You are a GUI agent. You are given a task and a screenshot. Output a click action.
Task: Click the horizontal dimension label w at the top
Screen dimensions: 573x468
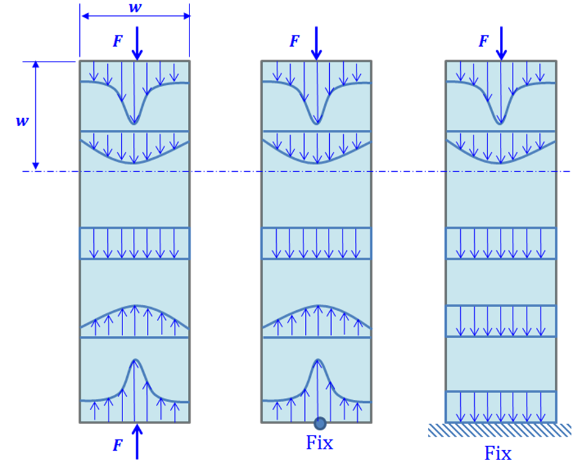click(x=135, y=7)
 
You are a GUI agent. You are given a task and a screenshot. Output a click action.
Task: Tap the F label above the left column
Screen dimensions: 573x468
click(x=117, y=41)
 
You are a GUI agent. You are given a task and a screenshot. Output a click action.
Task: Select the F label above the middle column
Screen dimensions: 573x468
click(x=294, y=41)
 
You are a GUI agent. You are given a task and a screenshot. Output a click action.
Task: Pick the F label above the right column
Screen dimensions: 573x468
click(x=483, y=41)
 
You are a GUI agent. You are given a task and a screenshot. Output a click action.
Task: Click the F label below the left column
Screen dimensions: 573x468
click(x=117, y=445)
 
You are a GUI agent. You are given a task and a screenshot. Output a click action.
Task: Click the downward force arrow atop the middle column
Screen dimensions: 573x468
click(x=316, y=43)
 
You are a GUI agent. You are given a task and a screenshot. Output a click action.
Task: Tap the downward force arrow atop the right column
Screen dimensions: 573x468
click(x=501, y=43)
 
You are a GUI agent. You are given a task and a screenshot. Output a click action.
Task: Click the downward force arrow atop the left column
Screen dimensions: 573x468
click(x=137, y=43)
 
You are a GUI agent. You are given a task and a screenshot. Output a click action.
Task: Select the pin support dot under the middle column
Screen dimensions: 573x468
click(x=319, y=423)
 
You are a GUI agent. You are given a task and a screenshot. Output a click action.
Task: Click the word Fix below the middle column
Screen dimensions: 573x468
click(x=319, y=443)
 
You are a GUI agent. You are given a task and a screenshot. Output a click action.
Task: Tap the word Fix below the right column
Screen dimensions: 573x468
click(x=498, y=453)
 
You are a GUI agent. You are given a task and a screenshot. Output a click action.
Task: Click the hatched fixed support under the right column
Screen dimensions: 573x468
click(x=500, y=430)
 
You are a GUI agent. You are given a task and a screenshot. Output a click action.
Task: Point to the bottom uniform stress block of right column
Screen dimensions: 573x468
click(x=500, y=406)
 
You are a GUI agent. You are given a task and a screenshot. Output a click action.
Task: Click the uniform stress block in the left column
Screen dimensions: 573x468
click(x=135, y=243)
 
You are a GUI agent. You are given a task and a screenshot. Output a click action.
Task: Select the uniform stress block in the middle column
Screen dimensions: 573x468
click(x=316, y=243)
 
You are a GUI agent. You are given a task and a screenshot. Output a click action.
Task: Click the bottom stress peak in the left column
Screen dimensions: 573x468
click(x=135, y=361)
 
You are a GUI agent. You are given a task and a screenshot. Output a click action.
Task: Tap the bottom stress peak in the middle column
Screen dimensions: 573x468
click(x=317, y=361)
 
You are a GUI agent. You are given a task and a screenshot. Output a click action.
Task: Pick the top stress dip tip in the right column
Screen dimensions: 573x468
click(x=500, y=122)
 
